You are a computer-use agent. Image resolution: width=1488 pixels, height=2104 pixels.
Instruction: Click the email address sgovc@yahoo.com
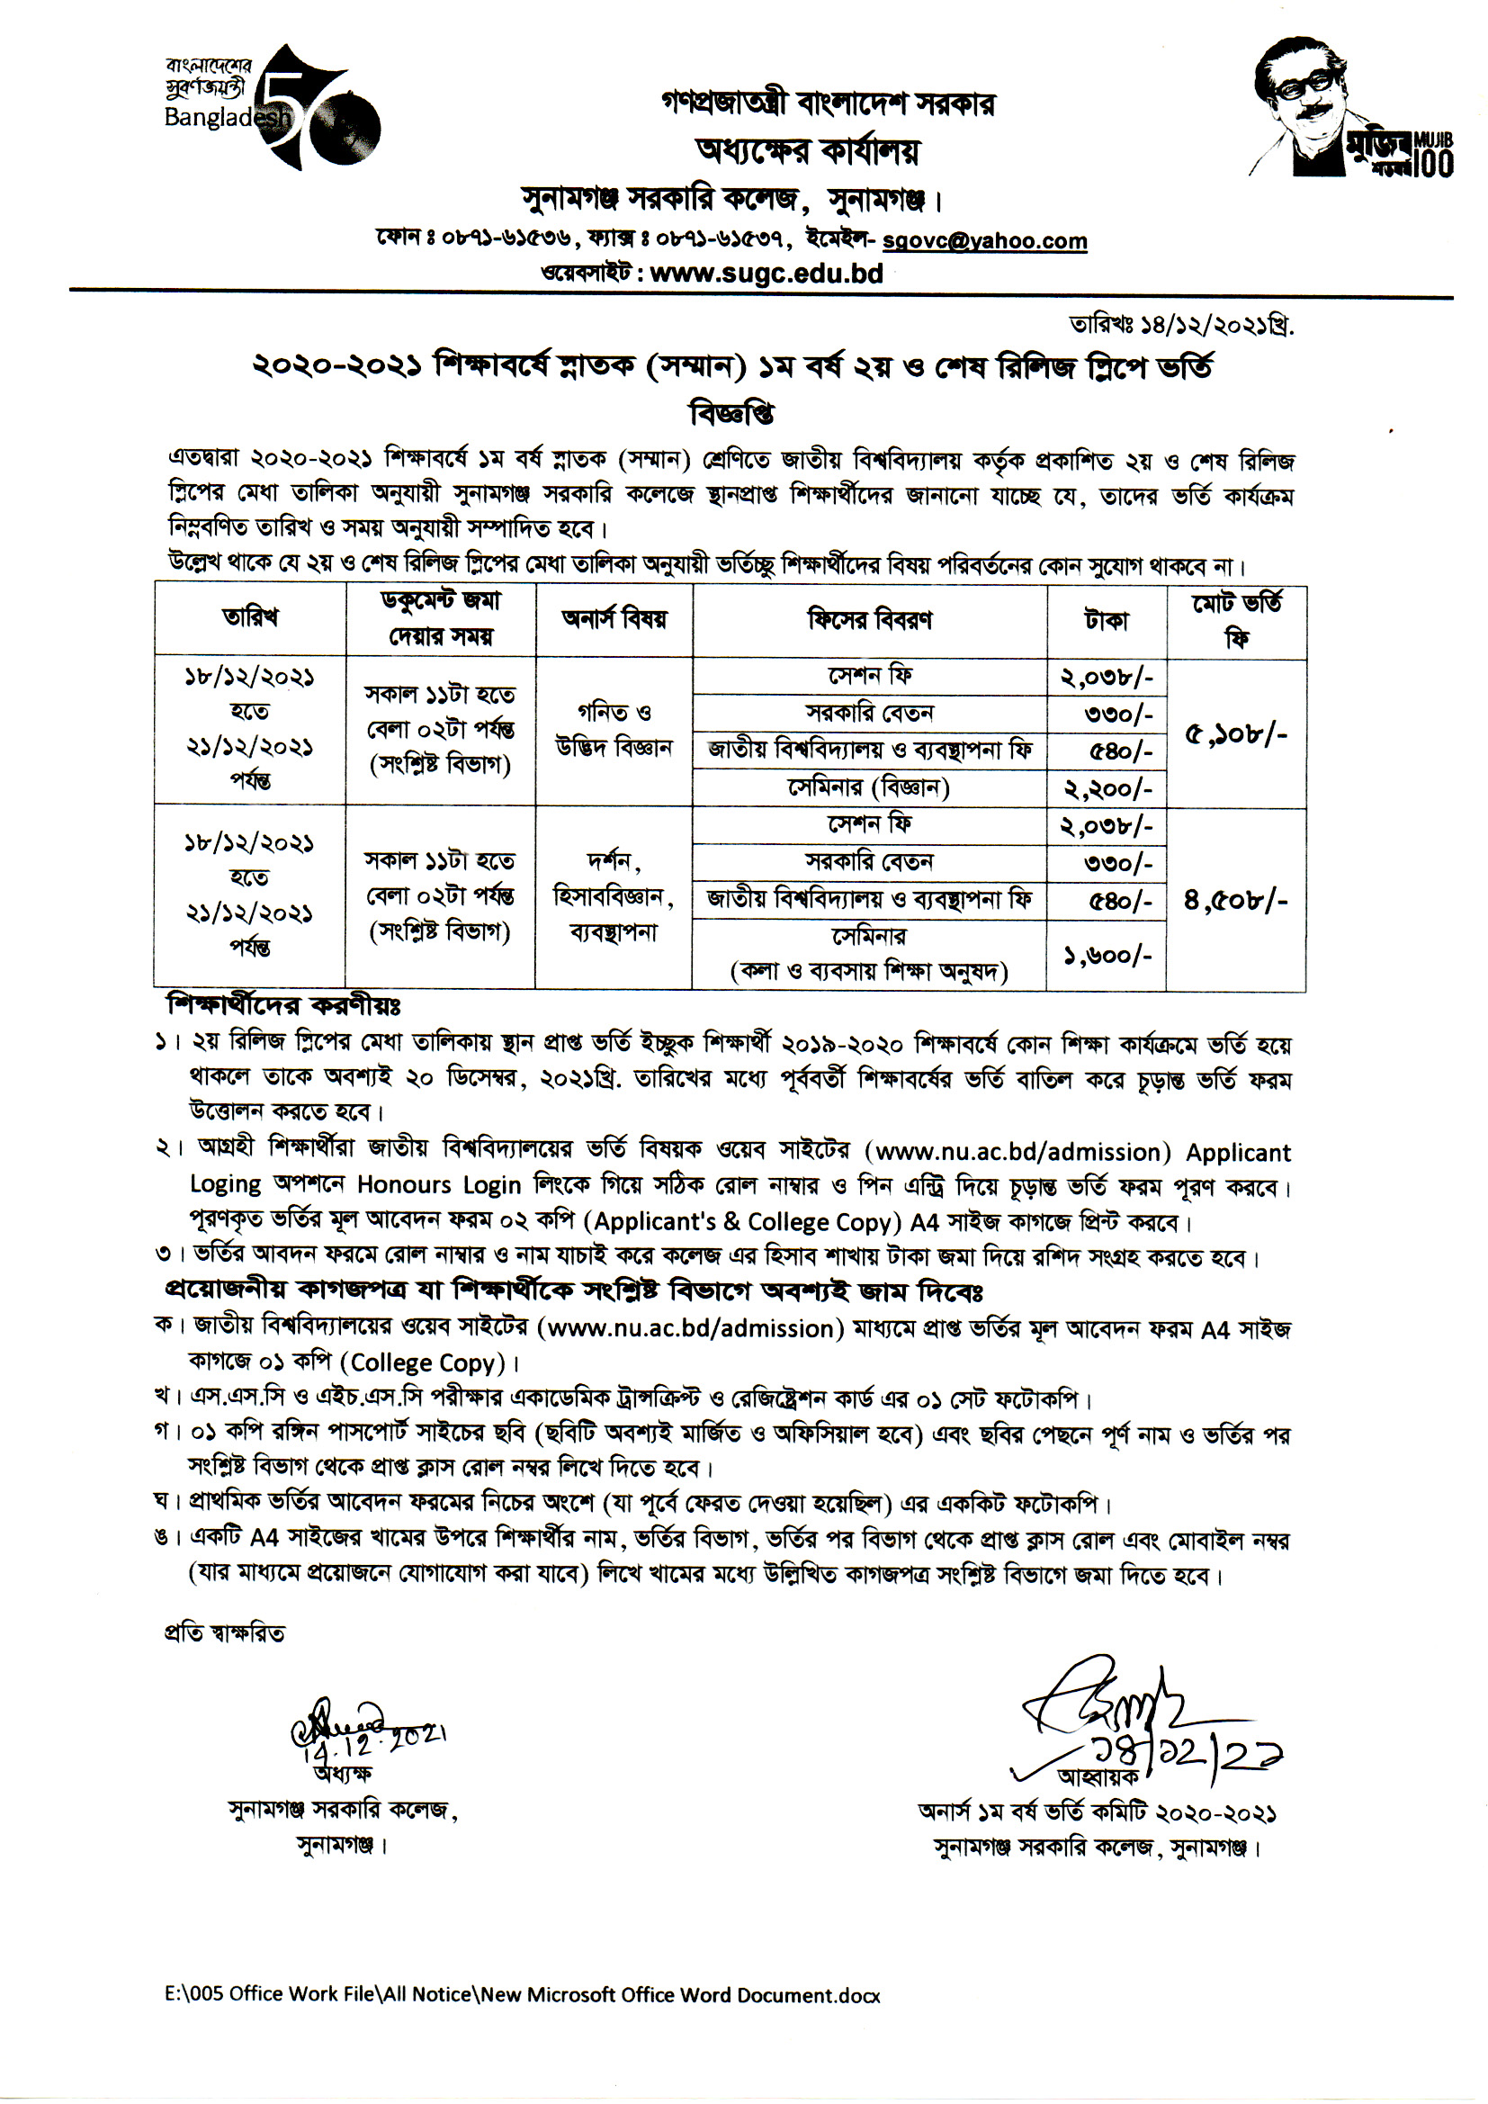(984, 241)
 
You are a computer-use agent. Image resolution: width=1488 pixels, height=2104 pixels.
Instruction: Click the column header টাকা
(1106, 620)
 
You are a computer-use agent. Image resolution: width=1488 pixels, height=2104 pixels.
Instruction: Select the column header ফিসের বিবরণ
(870, 620)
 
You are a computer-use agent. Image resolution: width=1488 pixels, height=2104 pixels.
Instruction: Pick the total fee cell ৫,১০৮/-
(1236, 734)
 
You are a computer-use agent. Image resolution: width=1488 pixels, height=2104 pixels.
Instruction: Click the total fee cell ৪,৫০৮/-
(1235, 901)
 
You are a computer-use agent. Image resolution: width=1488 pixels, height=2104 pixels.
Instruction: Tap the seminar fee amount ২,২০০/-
(1107, 789)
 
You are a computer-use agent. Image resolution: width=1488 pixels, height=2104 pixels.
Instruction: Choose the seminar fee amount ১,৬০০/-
(1107, 956)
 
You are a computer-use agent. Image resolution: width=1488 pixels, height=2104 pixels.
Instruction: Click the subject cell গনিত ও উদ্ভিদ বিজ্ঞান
(614, 731)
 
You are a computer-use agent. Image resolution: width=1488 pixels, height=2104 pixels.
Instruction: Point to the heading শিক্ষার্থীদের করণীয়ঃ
(283, 1005)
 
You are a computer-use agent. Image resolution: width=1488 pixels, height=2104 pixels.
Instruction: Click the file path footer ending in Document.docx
(523, 1995)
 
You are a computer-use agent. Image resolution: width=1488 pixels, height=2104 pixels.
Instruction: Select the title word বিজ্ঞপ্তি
(732, 414)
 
